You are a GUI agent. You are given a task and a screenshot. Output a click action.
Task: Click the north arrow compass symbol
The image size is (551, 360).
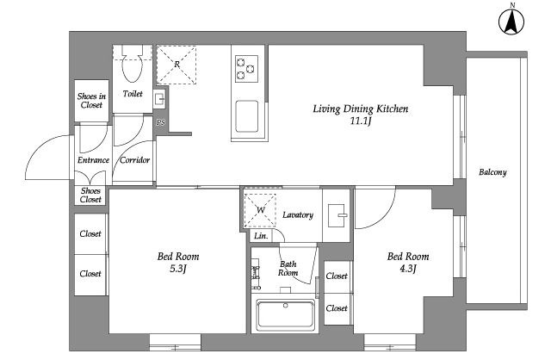(511, 21)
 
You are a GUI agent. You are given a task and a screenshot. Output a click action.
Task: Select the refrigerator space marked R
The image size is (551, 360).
(176, 65)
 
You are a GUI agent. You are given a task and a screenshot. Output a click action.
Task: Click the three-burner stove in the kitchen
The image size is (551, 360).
(246, 69)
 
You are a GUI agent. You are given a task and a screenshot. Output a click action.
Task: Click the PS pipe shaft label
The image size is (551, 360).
(161, 122)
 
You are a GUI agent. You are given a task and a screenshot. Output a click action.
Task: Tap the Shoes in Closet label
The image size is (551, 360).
(91, 101)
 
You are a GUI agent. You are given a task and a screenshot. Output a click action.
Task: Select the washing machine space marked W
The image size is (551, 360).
(260, 210)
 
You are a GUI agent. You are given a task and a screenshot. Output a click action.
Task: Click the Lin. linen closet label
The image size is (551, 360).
(261, 236)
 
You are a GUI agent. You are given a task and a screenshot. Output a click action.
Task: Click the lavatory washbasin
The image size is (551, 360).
(337, 215)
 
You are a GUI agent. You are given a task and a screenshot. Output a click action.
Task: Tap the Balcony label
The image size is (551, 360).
(492, 172)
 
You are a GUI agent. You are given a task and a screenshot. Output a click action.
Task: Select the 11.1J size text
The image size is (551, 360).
(361, 121)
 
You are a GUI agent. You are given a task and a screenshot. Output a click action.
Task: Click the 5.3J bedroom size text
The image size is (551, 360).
(178, 269)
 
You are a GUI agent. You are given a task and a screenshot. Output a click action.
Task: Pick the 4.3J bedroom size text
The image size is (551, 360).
(408, 269)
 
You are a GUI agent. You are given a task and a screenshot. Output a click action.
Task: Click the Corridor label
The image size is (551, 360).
(135, 160)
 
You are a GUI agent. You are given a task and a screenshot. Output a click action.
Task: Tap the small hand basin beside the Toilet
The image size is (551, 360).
(159, 98)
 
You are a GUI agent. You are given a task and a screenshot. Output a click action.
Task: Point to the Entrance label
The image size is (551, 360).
(93, 160)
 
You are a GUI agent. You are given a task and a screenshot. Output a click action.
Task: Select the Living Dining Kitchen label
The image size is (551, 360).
(361, 109)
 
